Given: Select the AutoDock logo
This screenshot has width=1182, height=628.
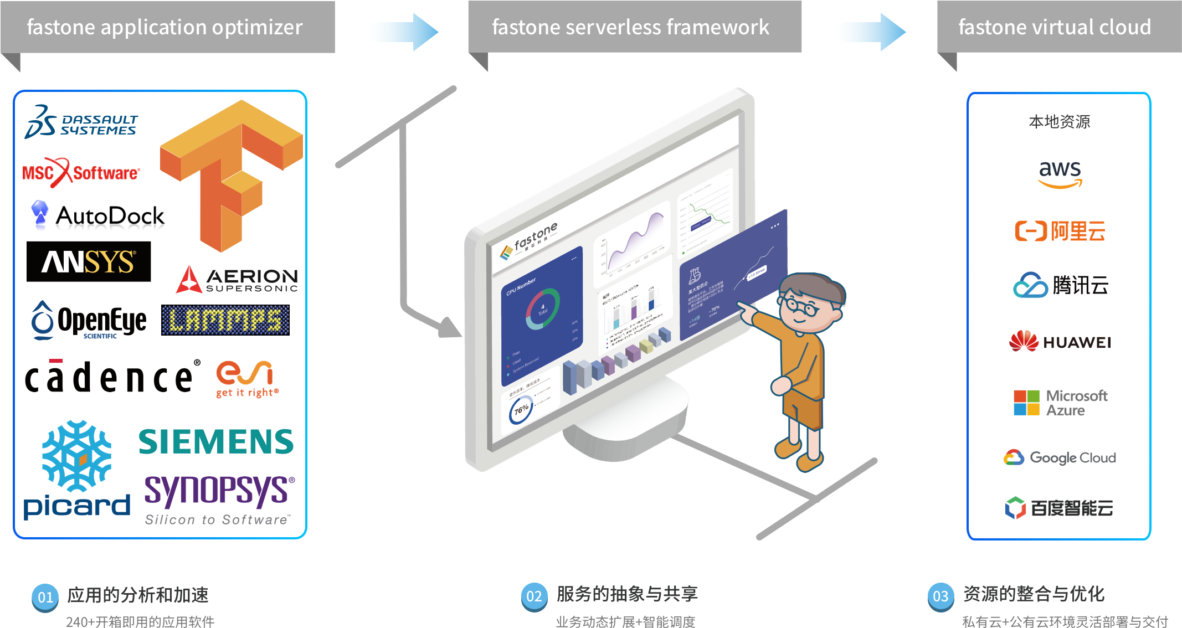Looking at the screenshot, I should [x=99, y=216].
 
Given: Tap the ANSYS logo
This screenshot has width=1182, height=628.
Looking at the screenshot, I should [x=89, y=261].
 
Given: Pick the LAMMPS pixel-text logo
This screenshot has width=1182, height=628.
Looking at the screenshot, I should [x=225, y=320].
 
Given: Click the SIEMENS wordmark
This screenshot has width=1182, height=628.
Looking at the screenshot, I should [x=216, y=441].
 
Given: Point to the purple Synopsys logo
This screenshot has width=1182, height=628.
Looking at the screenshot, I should [x=219, y=492].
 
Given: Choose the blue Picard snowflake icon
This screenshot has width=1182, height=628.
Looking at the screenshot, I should [x=76, y=455].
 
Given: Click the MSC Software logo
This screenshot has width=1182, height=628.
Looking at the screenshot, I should [x=81, y=172].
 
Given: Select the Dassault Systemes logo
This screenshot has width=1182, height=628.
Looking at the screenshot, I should [x=81, y=122].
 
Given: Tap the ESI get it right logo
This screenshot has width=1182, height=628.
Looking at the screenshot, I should [x=245, y=379].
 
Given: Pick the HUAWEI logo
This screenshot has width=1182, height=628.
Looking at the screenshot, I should [x=1060, y=342].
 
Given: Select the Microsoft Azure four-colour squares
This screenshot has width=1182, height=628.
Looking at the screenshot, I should [x=1026, y=403].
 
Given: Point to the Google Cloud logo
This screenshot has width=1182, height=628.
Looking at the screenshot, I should [x=1060, y=457].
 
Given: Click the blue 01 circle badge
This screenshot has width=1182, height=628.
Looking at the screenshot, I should [x=45, y=597].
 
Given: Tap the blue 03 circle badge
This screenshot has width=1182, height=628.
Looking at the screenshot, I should [x=941, y=596].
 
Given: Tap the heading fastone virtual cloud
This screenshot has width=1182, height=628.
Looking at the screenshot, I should [x=1055, y=27].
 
